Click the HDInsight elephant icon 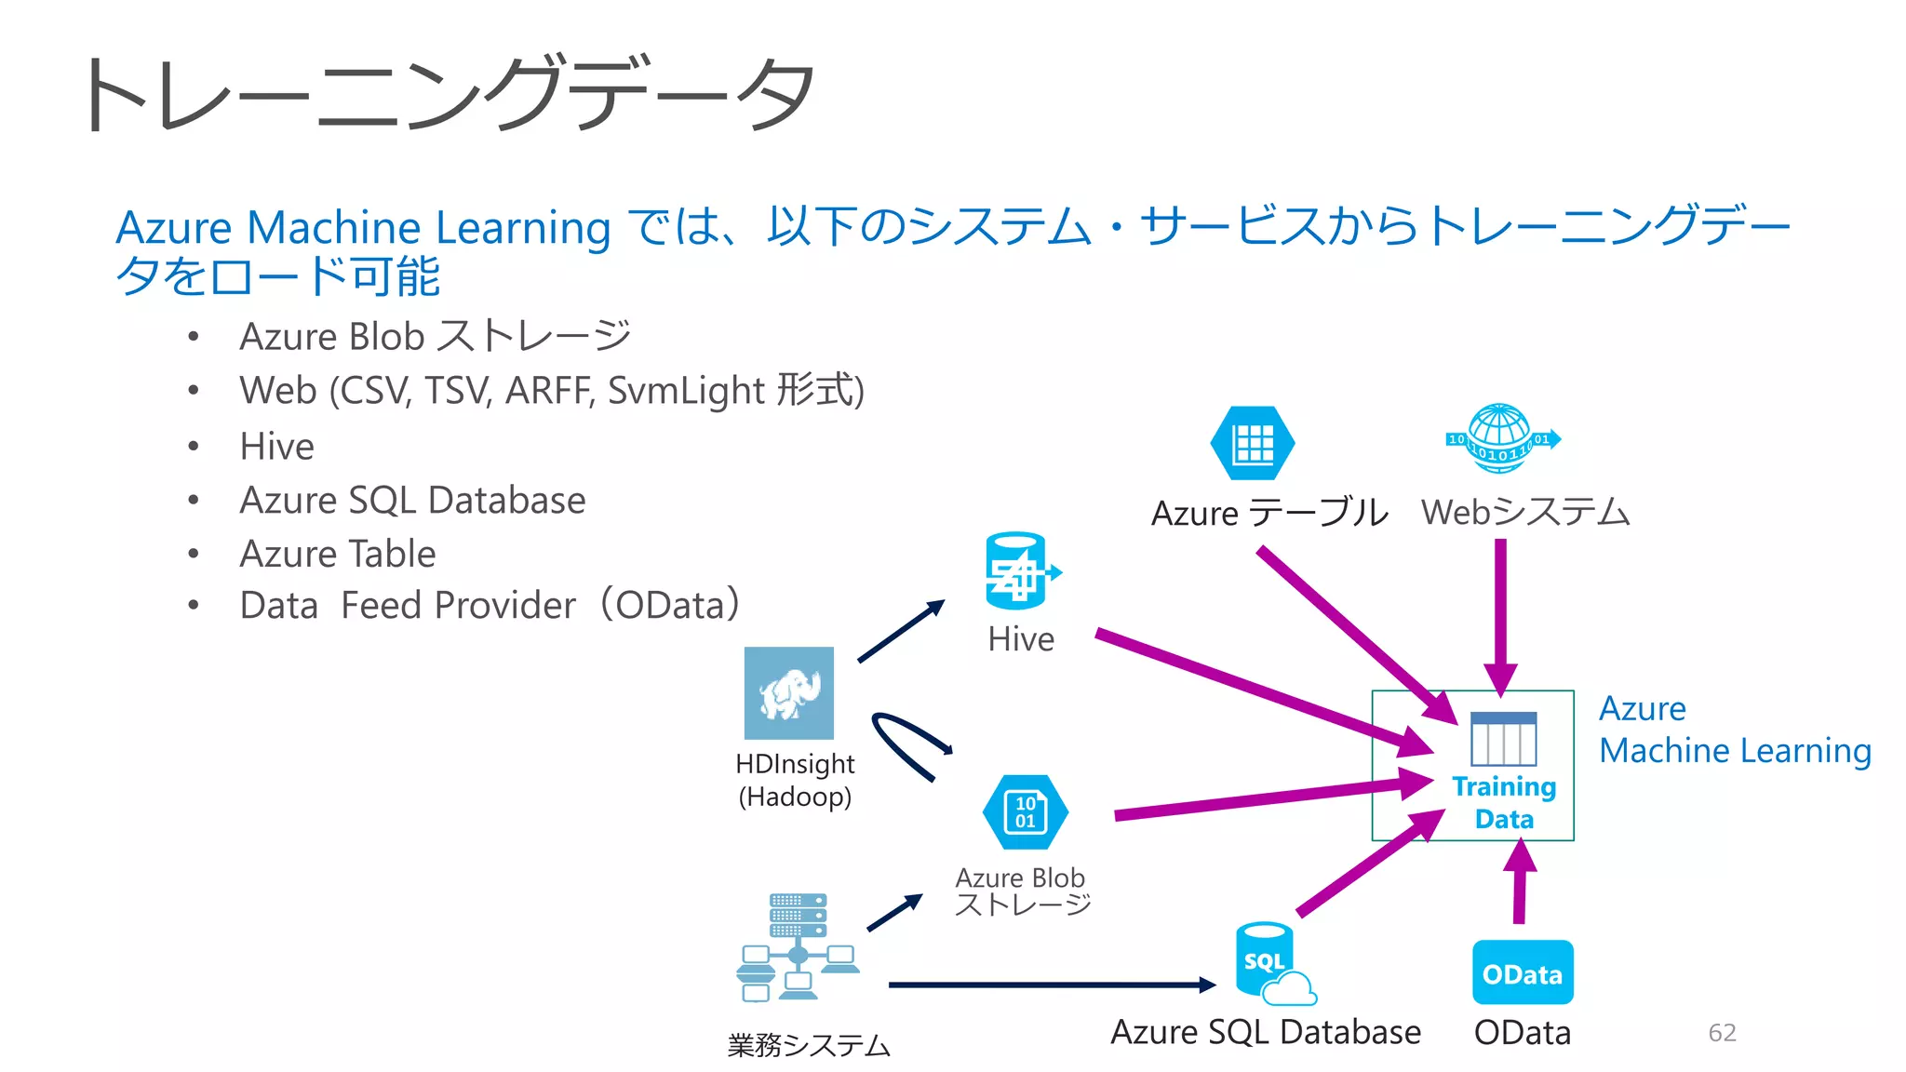coord(789,693)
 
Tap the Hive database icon coord(1017,570)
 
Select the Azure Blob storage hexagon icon coord(1025,812)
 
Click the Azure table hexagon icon coord(1252,444)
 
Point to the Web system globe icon coord(1500,439)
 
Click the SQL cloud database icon coord(1270,965)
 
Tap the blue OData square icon coord(1523,972)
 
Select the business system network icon coord(798,947)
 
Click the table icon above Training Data coord(1503,739)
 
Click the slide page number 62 coord(1722,1032)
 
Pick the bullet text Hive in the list coord(276,447)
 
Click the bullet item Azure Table coord(338,555)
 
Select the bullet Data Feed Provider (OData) coord(490,606)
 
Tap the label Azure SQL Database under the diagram coord(1265,1032)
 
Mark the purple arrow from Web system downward coord(1500,614)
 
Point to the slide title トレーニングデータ coord(447,93)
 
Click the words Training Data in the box coord(1504,802)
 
